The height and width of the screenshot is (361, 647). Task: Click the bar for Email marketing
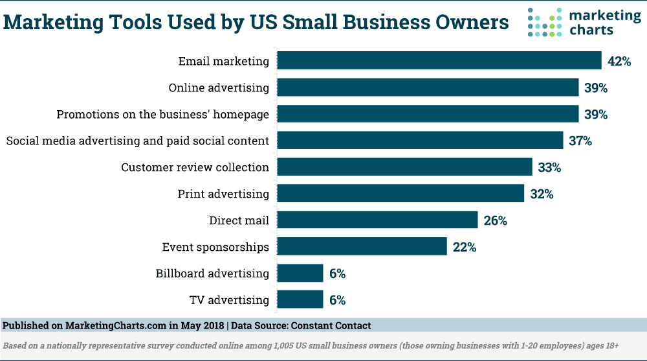(439, 61)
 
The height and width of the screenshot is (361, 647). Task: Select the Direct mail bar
(377, 220)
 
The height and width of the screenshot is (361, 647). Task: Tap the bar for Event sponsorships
(362, 247)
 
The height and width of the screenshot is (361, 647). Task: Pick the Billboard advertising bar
(300, 274)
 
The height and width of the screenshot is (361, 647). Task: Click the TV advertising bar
(300, 300)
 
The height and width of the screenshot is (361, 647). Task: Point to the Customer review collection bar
(404, 167)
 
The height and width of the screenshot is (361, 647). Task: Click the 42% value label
(619, 62)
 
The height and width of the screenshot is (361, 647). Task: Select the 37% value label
(580, 141)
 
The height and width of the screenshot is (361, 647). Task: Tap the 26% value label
(495, 220)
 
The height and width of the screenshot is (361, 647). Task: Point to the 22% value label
(464, 247)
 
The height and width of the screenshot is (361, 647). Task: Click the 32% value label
(541, 194)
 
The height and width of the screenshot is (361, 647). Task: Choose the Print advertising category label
(223, 194)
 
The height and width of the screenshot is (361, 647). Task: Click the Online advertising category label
(219, 87)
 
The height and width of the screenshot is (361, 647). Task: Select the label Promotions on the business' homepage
(162, 114)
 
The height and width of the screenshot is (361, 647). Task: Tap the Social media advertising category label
(137, 141)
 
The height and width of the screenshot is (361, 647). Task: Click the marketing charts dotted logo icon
(543, 23)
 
